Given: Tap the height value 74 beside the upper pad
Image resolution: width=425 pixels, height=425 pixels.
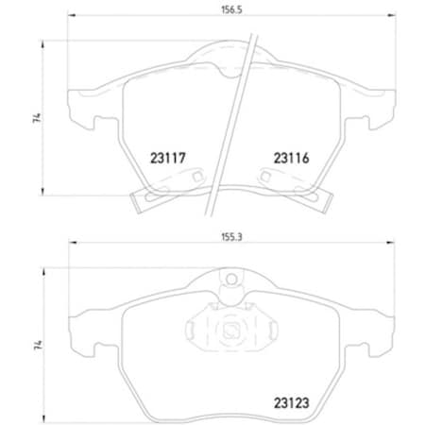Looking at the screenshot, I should point(36,118).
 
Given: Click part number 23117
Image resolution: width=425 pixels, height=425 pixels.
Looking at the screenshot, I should point(167,160).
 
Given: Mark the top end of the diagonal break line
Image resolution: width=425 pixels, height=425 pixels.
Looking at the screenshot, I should point(257,36).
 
